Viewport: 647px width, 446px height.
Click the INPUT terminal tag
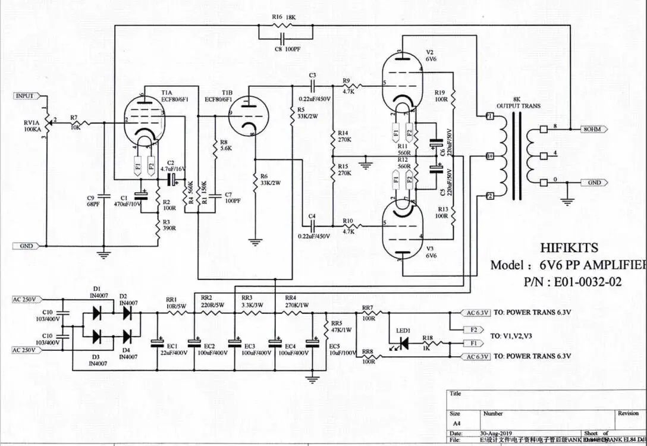click(25, 96)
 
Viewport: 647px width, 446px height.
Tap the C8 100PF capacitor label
click(286, 49)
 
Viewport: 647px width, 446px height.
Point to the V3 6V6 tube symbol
click(403, 229)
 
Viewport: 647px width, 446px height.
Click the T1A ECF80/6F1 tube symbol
click(146, 122)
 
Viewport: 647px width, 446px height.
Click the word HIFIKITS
click(570, 247)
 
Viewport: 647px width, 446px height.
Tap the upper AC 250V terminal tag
click(25, 299)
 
